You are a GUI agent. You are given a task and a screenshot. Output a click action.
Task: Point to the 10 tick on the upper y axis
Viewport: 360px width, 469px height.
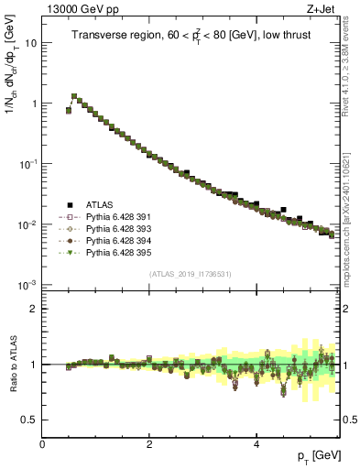(31, 43)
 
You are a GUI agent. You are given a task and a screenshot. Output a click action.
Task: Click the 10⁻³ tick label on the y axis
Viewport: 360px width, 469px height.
(27, 285)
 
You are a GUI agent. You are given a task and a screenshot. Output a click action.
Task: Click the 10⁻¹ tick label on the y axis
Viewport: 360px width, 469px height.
(27, 164)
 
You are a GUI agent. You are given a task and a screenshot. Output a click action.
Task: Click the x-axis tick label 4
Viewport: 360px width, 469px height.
(256, 443)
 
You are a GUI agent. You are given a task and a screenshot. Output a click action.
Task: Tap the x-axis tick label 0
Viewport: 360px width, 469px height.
(42, 443)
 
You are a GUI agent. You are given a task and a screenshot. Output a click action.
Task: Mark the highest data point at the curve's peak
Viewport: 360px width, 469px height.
(74, 95)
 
